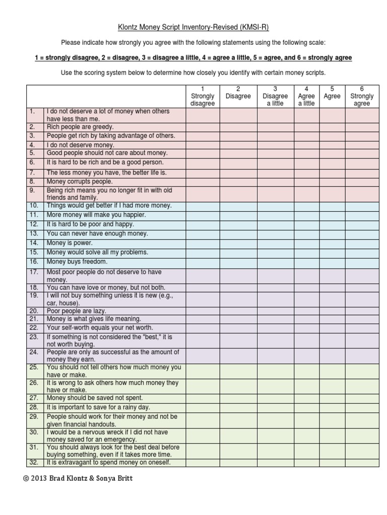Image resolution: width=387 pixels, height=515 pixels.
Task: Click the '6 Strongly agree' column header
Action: coord(362,96)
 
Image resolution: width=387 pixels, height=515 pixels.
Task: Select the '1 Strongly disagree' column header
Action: coord(203,96)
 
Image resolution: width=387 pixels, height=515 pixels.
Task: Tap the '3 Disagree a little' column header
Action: coord(275,96)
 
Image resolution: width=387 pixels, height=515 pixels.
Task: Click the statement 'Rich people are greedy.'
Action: coord(80,127)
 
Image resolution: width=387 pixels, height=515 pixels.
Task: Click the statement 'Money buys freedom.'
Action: coord(77,262)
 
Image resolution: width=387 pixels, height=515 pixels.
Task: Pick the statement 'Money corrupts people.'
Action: coord(80,182)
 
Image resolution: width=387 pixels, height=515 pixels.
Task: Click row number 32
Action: coord(34,463)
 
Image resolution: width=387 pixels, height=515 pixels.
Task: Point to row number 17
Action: coord(34,272)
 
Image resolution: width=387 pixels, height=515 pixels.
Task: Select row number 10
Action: coord(34,206)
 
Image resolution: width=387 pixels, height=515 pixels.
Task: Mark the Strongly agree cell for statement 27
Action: coord(362,398)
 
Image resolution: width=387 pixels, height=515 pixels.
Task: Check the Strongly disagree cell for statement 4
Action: coord(203,145)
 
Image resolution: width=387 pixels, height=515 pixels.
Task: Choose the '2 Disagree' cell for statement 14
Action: coord(238,243)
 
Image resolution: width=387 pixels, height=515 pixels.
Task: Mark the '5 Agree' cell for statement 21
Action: coord(332,319)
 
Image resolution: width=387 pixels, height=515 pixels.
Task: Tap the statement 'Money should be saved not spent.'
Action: coord(95,398)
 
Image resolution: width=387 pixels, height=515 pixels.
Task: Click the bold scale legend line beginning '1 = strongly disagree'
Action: coord(193,58)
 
